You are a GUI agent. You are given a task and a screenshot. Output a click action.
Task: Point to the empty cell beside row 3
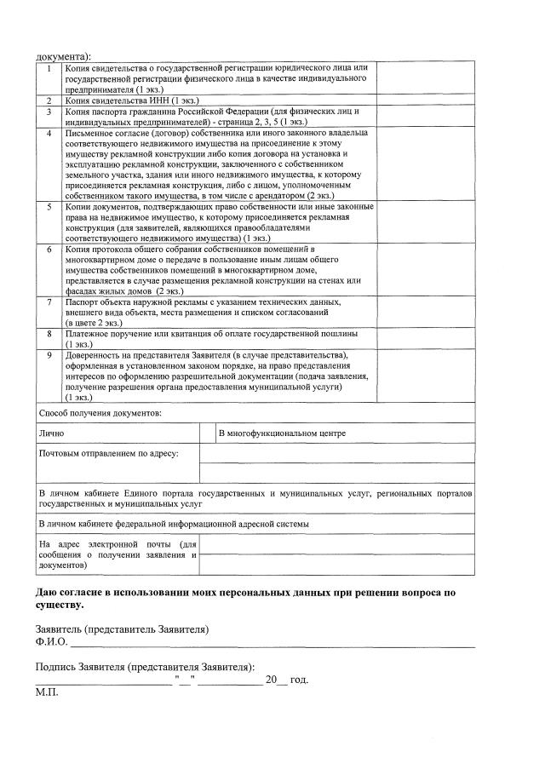pos(425,117)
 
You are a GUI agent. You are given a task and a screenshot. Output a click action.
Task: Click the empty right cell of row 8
pos(425,340)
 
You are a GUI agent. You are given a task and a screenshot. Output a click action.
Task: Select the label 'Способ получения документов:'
pos(100,413)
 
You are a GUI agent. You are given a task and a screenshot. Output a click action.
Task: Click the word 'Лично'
pos(51,434)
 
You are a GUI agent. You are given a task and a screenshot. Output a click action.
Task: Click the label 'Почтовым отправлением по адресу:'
pos(109,454)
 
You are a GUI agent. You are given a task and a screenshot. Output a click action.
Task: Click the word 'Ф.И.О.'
pos(51,640)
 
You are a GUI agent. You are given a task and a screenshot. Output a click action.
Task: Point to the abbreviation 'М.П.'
pos(46,693)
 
